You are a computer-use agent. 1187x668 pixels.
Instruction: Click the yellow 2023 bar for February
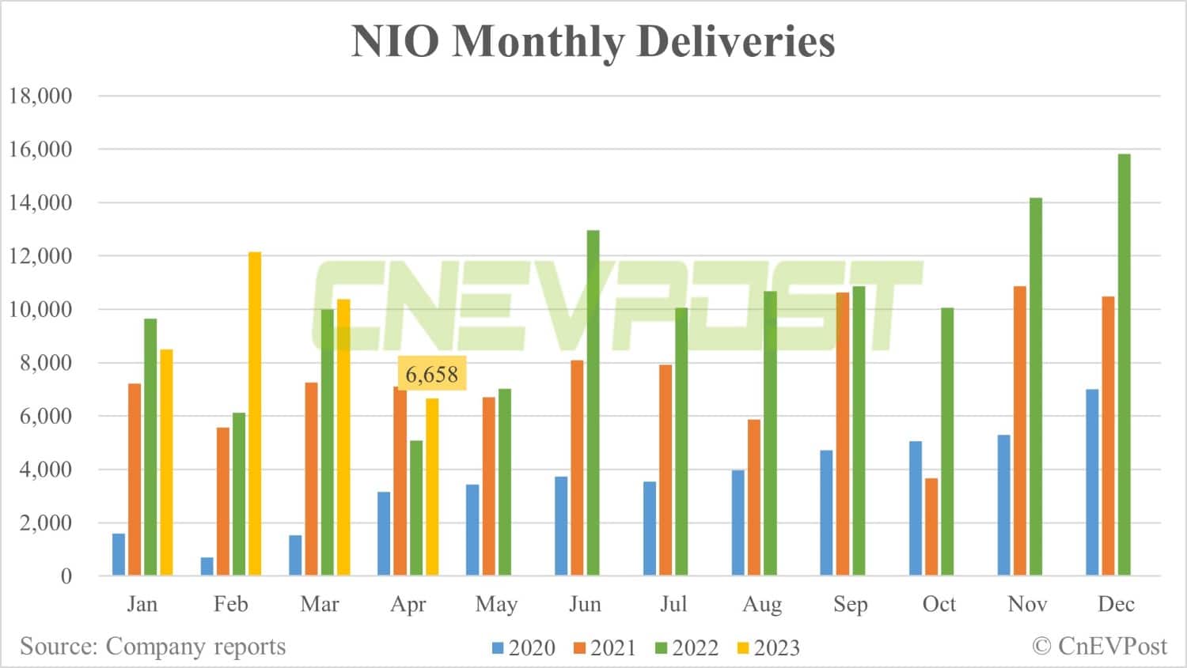pyautogui.click(x=255, y=413)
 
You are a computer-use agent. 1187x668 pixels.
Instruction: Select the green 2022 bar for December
pyautogui.click(x=1124, y=364)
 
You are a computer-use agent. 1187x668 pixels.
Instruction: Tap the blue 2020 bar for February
pyautogui.click(x=207, y=566)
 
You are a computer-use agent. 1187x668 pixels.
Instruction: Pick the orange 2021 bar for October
pyautogui.click(x=931, y=526)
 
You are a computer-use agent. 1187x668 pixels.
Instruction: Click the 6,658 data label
pyautogui.click(x=431, y=373)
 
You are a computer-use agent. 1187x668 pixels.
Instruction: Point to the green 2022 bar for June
pyautogui.click(x=593, y=402)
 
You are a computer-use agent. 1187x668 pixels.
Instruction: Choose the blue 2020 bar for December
pyautogui.click(x=1092, y=482)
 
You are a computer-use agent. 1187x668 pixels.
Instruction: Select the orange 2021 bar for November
pyautogui.click(x=1020, y=431)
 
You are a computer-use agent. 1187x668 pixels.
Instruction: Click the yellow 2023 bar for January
pyautogui.click(x=166, y=462)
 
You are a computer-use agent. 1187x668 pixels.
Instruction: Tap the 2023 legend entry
pyautogui.click(x=768, y=648)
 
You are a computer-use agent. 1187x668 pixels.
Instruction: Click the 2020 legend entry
pyautogui.click(x=523, y=648)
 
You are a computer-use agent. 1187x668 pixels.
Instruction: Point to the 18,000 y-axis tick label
pyautogui.click(x=40, y=96)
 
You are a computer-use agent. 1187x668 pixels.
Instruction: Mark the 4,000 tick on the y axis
pyautogui.click(x=40, y=470)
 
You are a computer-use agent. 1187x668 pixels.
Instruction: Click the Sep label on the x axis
pyautogui.click(x=851, y=604)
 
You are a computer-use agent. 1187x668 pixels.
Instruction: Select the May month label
pyautogui.click(x=496, y=604)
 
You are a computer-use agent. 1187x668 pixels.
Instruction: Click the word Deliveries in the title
pyautogui.click(x=736, y=41)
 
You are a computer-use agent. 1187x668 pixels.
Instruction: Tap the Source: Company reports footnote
pyautogui.click(x=153, y=646)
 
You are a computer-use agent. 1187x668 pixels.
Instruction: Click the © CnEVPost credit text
pyautogui.click(x=1099, y=646)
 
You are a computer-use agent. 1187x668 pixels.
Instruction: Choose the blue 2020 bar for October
pyautogui.click(x=916, y=508)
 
